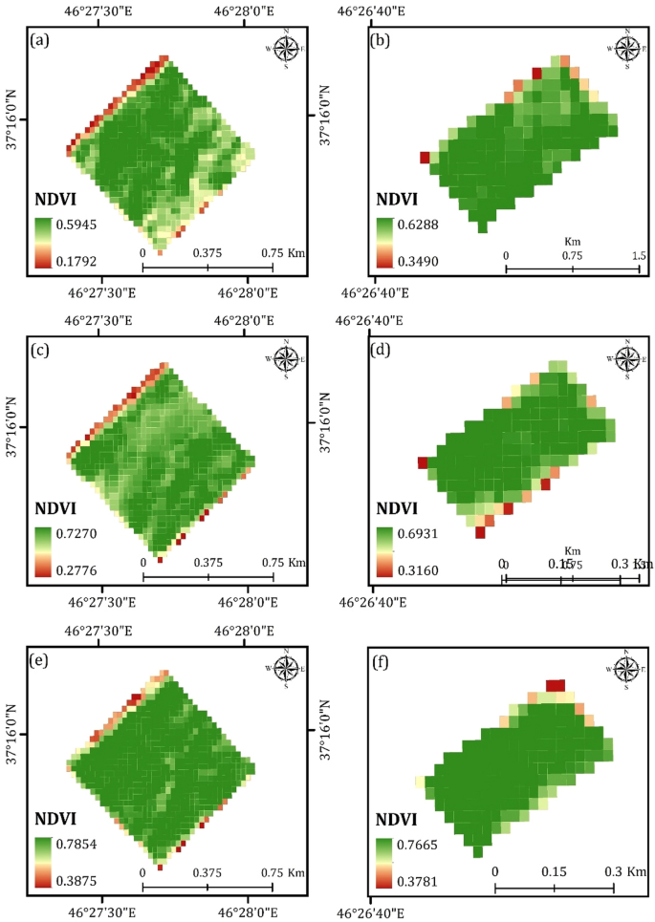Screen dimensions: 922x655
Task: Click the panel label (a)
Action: [x=40, y=40]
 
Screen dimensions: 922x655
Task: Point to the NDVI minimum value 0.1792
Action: [x=78, y=259]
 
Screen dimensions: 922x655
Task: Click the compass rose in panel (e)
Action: [x=286, y=666]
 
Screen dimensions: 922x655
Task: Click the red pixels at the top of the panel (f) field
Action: [x=555, y=684]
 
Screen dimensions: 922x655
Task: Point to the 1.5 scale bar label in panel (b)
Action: [x=639, y=256]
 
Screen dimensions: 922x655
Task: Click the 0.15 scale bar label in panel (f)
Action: [x=555, y=872]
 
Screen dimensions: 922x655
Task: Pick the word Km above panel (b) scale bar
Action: [x=573, y=242]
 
